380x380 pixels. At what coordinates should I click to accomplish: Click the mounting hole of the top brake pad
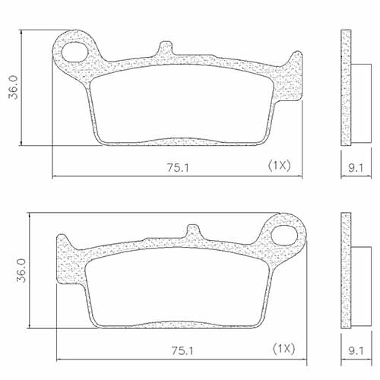tap(75, 51)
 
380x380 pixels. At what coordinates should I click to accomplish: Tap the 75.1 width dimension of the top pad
tap(176, 168)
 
